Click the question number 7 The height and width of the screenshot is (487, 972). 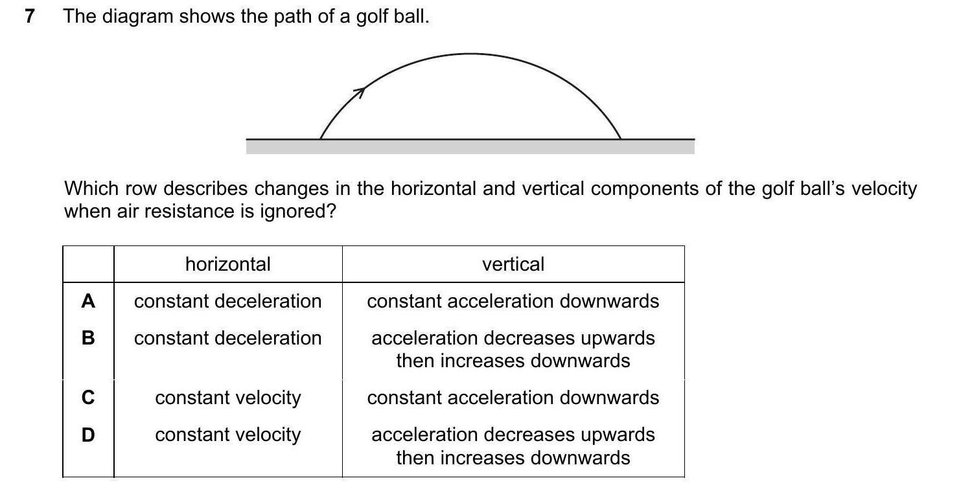coord(29,16)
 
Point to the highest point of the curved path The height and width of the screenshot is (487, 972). coord(471,54)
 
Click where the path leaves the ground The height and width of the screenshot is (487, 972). coord(321,138)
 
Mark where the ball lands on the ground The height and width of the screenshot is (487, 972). coord(621,138)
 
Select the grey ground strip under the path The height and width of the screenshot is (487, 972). coord(470,147)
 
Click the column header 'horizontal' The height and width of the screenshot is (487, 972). coord(227,264)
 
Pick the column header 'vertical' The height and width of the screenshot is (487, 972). coord(513,264)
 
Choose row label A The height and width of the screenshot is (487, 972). coord(88,301)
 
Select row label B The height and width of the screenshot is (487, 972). coord(88,338)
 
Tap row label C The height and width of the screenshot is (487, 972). coord(88,397)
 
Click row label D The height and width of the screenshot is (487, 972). coord(88,435)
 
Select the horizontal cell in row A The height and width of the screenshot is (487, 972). coord(227,301)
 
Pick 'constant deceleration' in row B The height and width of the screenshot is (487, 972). coord(227,338)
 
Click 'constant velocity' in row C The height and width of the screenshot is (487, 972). coord(227,397)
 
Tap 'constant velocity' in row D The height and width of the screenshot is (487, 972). coord(227,435)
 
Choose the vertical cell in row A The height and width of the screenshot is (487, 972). coord(513,301)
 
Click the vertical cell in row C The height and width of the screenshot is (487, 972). coord(513,397)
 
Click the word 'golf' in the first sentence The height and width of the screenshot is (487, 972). coord(371,17)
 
